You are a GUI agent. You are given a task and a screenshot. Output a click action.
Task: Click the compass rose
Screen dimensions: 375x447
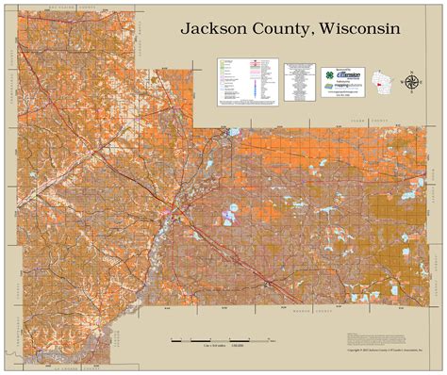coord(412,82)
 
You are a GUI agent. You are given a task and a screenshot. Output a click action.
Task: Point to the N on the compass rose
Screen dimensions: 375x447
coord(412,72)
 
